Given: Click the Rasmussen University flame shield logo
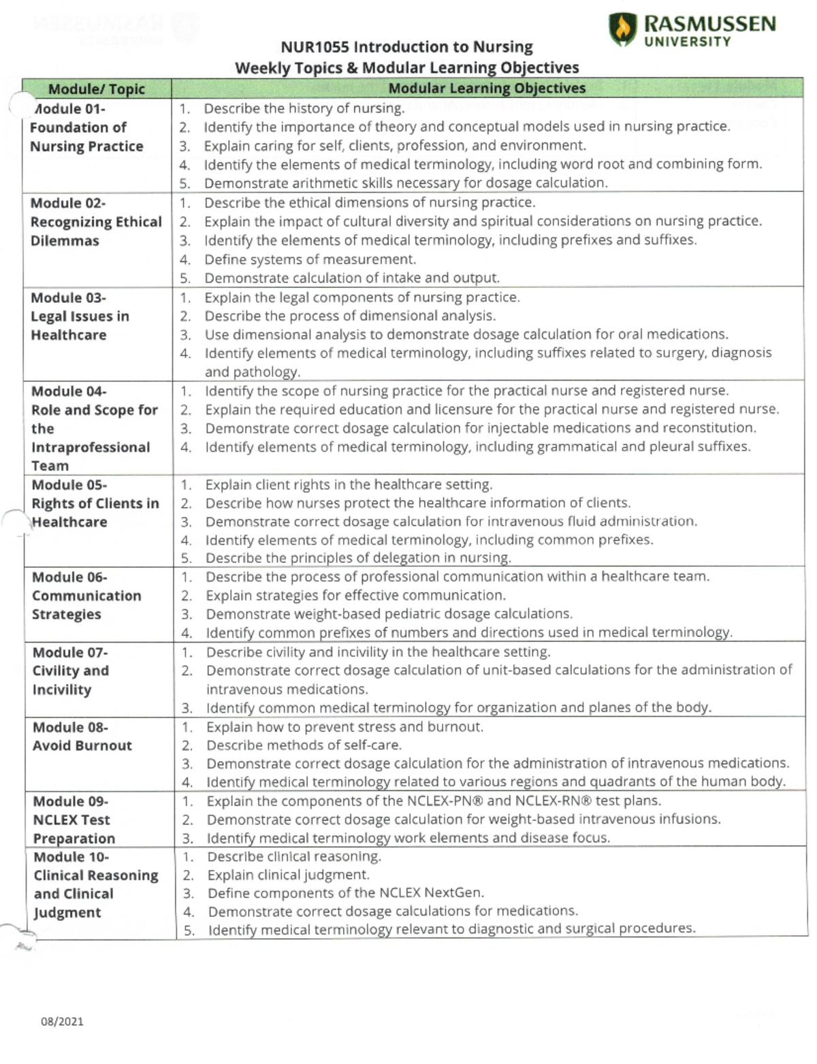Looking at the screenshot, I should (623, 29).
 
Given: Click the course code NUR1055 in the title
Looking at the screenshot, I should (315, 47).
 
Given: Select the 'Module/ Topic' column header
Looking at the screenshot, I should (96, 89).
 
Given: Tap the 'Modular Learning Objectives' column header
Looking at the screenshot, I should (486, 88).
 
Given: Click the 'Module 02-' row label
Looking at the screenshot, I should (68, 204).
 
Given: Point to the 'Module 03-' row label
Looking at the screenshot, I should (68, 298).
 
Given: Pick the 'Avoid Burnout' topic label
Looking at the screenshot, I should (82, 745).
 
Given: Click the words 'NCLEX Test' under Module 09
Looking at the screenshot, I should (71, 820).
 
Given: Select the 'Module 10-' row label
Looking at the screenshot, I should (71, 857).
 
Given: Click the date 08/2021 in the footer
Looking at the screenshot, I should (62, 1021).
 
